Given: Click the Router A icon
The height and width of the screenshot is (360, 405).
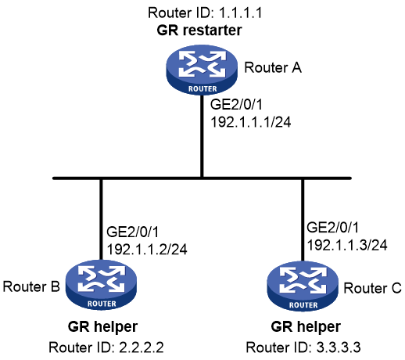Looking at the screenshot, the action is click(202, 69).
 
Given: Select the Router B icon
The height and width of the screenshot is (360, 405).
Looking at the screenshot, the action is click(101, 285).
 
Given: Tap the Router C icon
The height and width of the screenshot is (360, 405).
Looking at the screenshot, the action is click(303, 286).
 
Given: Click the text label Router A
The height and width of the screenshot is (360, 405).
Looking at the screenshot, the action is click(273, 67).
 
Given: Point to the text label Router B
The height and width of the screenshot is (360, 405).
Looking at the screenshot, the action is click(31, 286).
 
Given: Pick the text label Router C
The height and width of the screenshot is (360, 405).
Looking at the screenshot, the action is click(372, 288).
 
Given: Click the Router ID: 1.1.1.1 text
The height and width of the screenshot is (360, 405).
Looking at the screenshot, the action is click(205, 13).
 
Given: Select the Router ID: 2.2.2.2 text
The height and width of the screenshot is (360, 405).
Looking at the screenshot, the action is click(106, 347).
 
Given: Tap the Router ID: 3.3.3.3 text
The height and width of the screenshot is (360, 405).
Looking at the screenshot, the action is click(303, 347).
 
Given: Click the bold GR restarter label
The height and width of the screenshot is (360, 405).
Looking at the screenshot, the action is click(199, 30).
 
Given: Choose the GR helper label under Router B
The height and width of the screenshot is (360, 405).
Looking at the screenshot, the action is click(102, 326).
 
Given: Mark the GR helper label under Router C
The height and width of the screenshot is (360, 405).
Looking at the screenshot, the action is click(306, 326).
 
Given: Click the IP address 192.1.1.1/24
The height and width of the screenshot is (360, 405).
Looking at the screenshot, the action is click(251, 122).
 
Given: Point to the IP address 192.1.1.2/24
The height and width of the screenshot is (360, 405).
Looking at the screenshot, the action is click(147, 249).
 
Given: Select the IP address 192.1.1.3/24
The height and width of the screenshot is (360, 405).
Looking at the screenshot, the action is click(347, 245).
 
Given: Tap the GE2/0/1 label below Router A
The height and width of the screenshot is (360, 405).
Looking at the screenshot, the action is click(236, 104).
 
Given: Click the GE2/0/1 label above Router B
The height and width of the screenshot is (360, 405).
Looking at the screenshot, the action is click(133, 232).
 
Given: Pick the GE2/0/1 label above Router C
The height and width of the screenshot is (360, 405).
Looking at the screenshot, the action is click(333, 228).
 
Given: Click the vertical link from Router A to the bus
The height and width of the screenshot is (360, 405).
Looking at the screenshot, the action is click(202, 136).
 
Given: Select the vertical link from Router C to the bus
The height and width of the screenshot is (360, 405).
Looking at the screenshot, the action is click(303, 221).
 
